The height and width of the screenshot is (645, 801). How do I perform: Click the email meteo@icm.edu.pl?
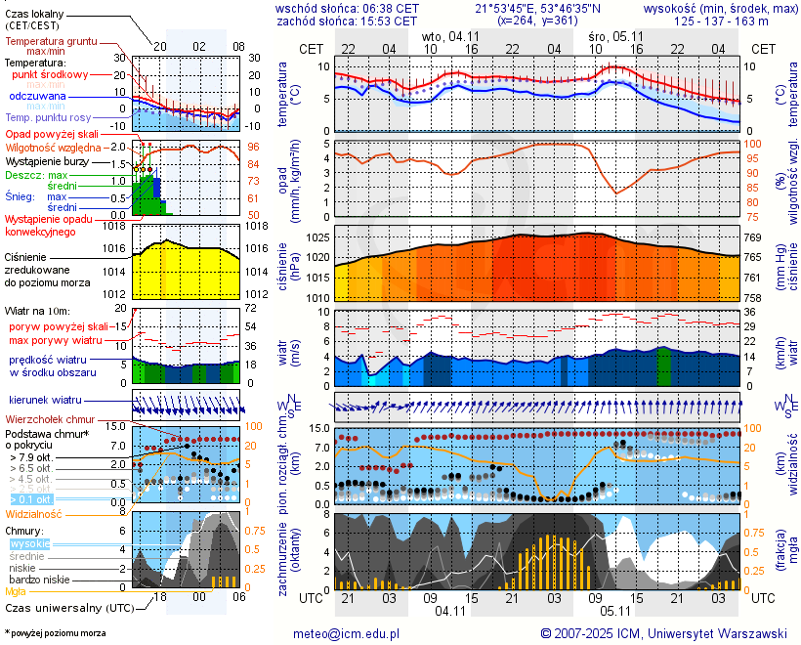[347, 633]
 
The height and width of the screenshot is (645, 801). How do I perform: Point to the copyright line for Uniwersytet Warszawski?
[664, 633]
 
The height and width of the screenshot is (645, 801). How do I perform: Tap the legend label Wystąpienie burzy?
[50, 160]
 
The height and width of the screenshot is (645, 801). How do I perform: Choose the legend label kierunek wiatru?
[45, 401]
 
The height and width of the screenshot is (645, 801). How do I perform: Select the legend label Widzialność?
[34, 513]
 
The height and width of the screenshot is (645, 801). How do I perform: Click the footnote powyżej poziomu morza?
[55, 633]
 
